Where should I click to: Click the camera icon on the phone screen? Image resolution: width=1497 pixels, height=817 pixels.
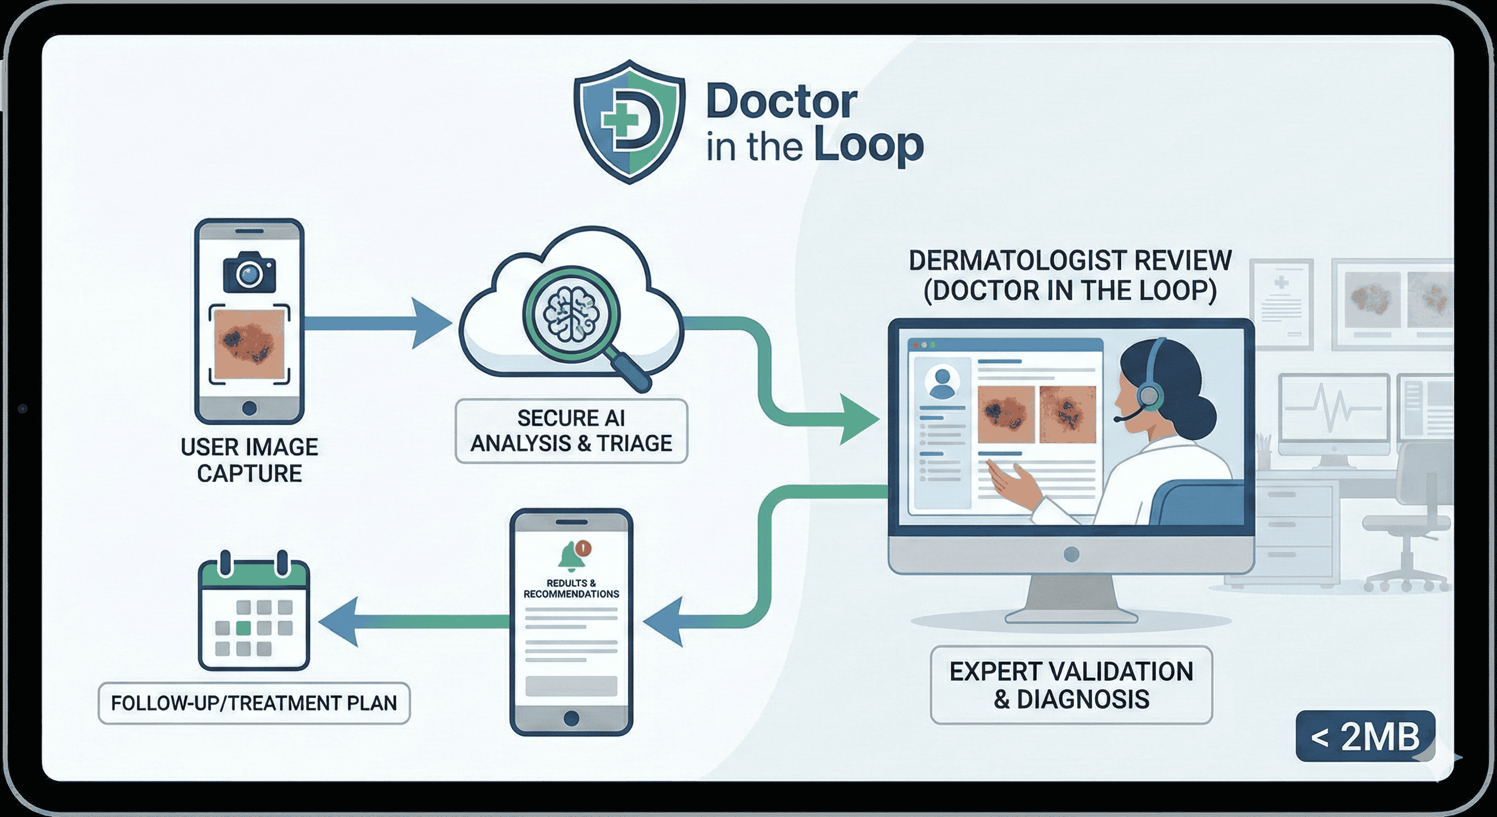click(x=249, y=272)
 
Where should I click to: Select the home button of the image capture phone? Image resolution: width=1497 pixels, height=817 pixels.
click(x=249, y=407)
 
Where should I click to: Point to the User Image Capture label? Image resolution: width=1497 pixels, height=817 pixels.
click(x=249, y=460)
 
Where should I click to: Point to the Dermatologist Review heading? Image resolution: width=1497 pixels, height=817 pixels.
click(x=1069, y=275)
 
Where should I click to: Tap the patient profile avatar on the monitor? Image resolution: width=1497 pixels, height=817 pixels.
click(x=941, y=381)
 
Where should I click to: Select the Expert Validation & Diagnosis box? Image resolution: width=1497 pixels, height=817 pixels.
click(x=1071, y=685)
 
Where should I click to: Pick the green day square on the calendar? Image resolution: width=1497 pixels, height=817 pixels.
click(x=243, y=628)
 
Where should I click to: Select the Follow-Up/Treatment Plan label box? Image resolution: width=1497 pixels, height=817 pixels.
click(x=254, y=703)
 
